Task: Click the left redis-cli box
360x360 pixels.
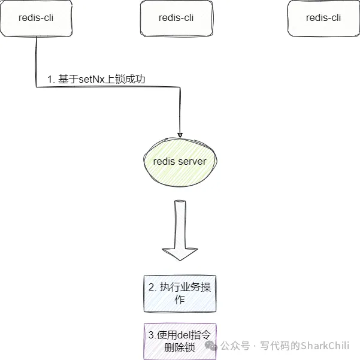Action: [x=36, y=18]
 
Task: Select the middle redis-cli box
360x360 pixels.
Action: [x=176, y=18]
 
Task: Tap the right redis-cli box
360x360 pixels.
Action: [x=323, y=18]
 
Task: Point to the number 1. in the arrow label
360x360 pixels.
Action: [x=52, y=79]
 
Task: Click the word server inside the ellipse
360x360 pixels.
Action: [x=193, y=162]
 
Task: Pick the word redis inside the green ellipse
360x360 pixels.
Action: [x=164, y=162]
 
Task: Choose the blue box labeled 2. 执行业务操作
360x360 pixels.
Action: [x=180, y=294]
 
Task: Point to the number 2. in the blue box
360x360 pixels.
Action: [x=152, y=287]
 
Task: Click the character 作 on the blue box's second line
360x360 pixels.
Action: [x=179, y=300]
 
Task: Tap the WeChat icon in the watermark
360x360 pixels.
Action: [x=210, y=346]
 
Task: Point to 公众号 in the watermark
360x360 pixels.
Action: [x=235, y=346]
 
